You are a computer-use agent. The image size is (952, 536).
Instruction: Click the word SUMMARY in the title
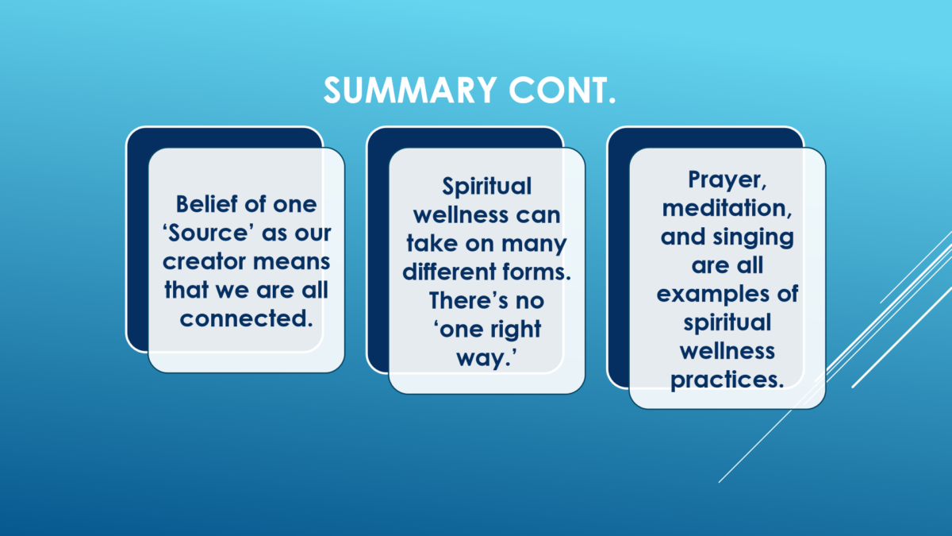point(410,91)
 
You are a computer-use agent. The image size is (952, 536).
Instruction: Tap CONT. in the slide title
point(562,91)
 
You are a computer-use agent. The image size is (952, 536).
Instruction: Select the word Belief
point(206,204)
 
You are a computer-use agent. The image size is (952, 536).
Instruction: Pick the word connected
point(247,318)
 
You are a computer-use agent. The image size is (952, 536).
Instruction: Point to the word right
point(516,330)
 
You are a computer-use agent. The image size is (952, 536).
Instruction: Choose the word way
point(486,358)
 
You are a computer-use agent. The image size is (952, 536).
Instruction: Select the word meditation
point(727,208)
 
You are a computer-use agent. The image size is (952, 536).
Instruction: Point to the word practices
point(727,380)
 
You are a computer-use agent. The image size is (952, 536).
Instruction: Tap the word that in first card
point(186,290)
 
